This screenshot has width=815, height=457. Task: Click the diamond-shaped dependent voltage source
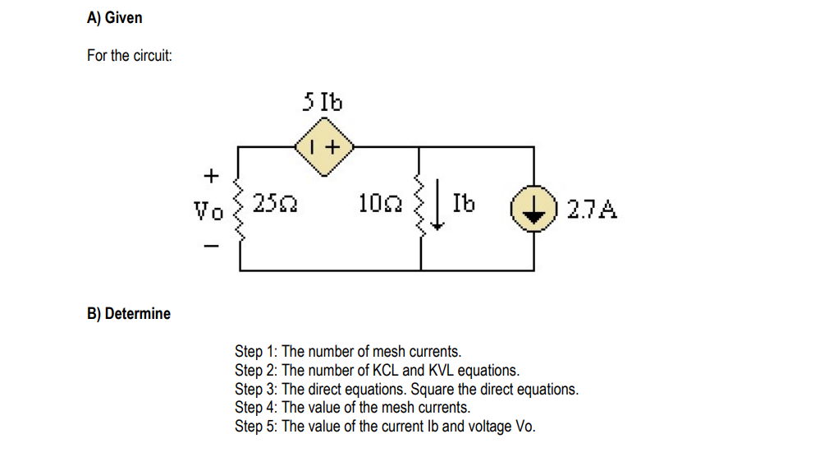click(324, 147)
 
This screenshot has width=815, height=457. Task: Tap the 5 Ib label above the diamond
click(323, 103)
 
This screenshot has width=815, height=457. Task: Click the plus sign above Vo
click(211, 175)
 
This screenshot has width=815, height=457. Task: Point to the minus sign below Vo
click(211, 244)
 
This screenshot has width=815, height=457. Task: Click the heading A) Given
click(114, 17)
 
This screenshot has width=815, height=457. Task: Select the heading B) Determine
click(129, 313)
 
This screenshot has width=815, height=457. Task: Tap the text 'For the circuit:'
click(129, 56)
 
